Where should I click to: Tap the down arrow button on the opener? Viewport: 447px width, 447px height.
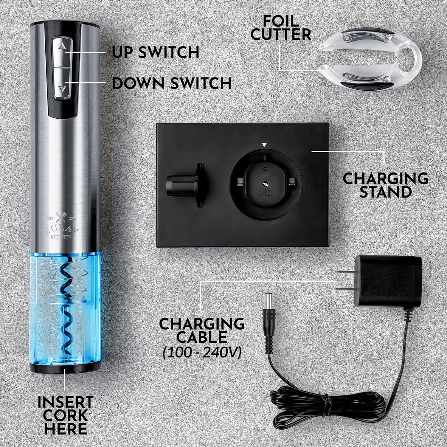[x=62, y=87]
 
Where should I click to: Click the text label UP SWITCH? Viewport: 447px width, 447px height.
[x=156, y=52]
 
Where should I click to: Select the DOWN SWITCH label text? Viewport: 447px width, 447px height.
[x=172, y=83]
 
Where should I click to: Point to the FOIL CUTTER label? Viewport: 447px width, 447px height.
[x=281, y=28]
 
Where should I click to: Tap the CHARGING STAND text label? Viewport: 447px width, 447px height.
[x=385, y=185]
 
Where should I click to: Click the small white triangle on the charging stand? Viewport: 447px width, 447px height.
[x=263, y=145]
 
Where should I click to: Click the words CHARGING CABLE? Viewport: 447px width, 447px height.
[x=202, y=330]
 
